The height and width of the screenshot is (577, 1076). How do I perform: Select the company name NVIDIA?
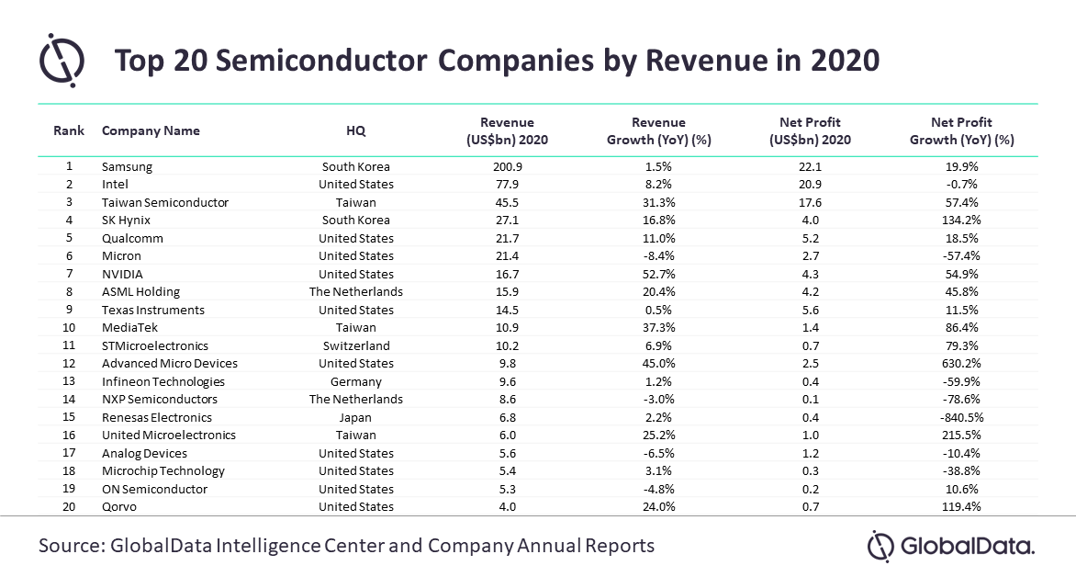click(123, 274)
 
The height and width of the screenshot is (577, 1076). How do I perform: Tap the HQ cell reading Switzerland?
click(356, 345)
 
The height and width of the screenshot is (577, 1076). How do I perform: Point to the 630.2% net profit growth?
click(961, 364)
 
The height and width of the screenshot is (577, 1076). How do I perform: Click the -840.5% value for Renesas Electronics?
click(961, 417)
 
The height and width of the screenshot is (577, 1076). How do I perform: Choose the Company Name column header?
click(151, 131)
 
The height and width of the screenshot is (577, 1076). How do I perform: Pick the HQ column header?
click(356, 131)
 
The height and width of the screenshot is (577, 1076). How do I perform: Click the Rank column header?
click(69, 131)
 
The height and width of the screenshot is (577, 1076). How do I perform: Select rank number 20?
click(69, 506)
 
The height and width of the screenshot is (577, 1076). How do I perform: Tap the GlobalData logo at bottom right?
click(951, 546)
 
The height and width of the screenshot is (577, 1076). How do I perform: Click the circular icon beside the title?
click(62, 60)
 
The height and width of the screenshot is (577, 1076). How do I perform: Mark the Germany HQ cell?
click(356, 381)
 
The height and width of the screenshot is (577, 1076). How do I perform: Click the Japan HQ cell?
click(356, 417)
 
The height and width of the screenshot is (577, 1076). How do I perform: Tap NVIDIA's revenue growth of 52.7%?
click(658, 274)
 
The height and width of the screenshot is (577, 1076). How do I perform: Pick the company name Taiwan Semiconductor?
click(165, 202)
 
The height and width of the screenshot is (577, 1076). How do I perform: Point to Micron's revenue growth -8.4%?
click(658, 256)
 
